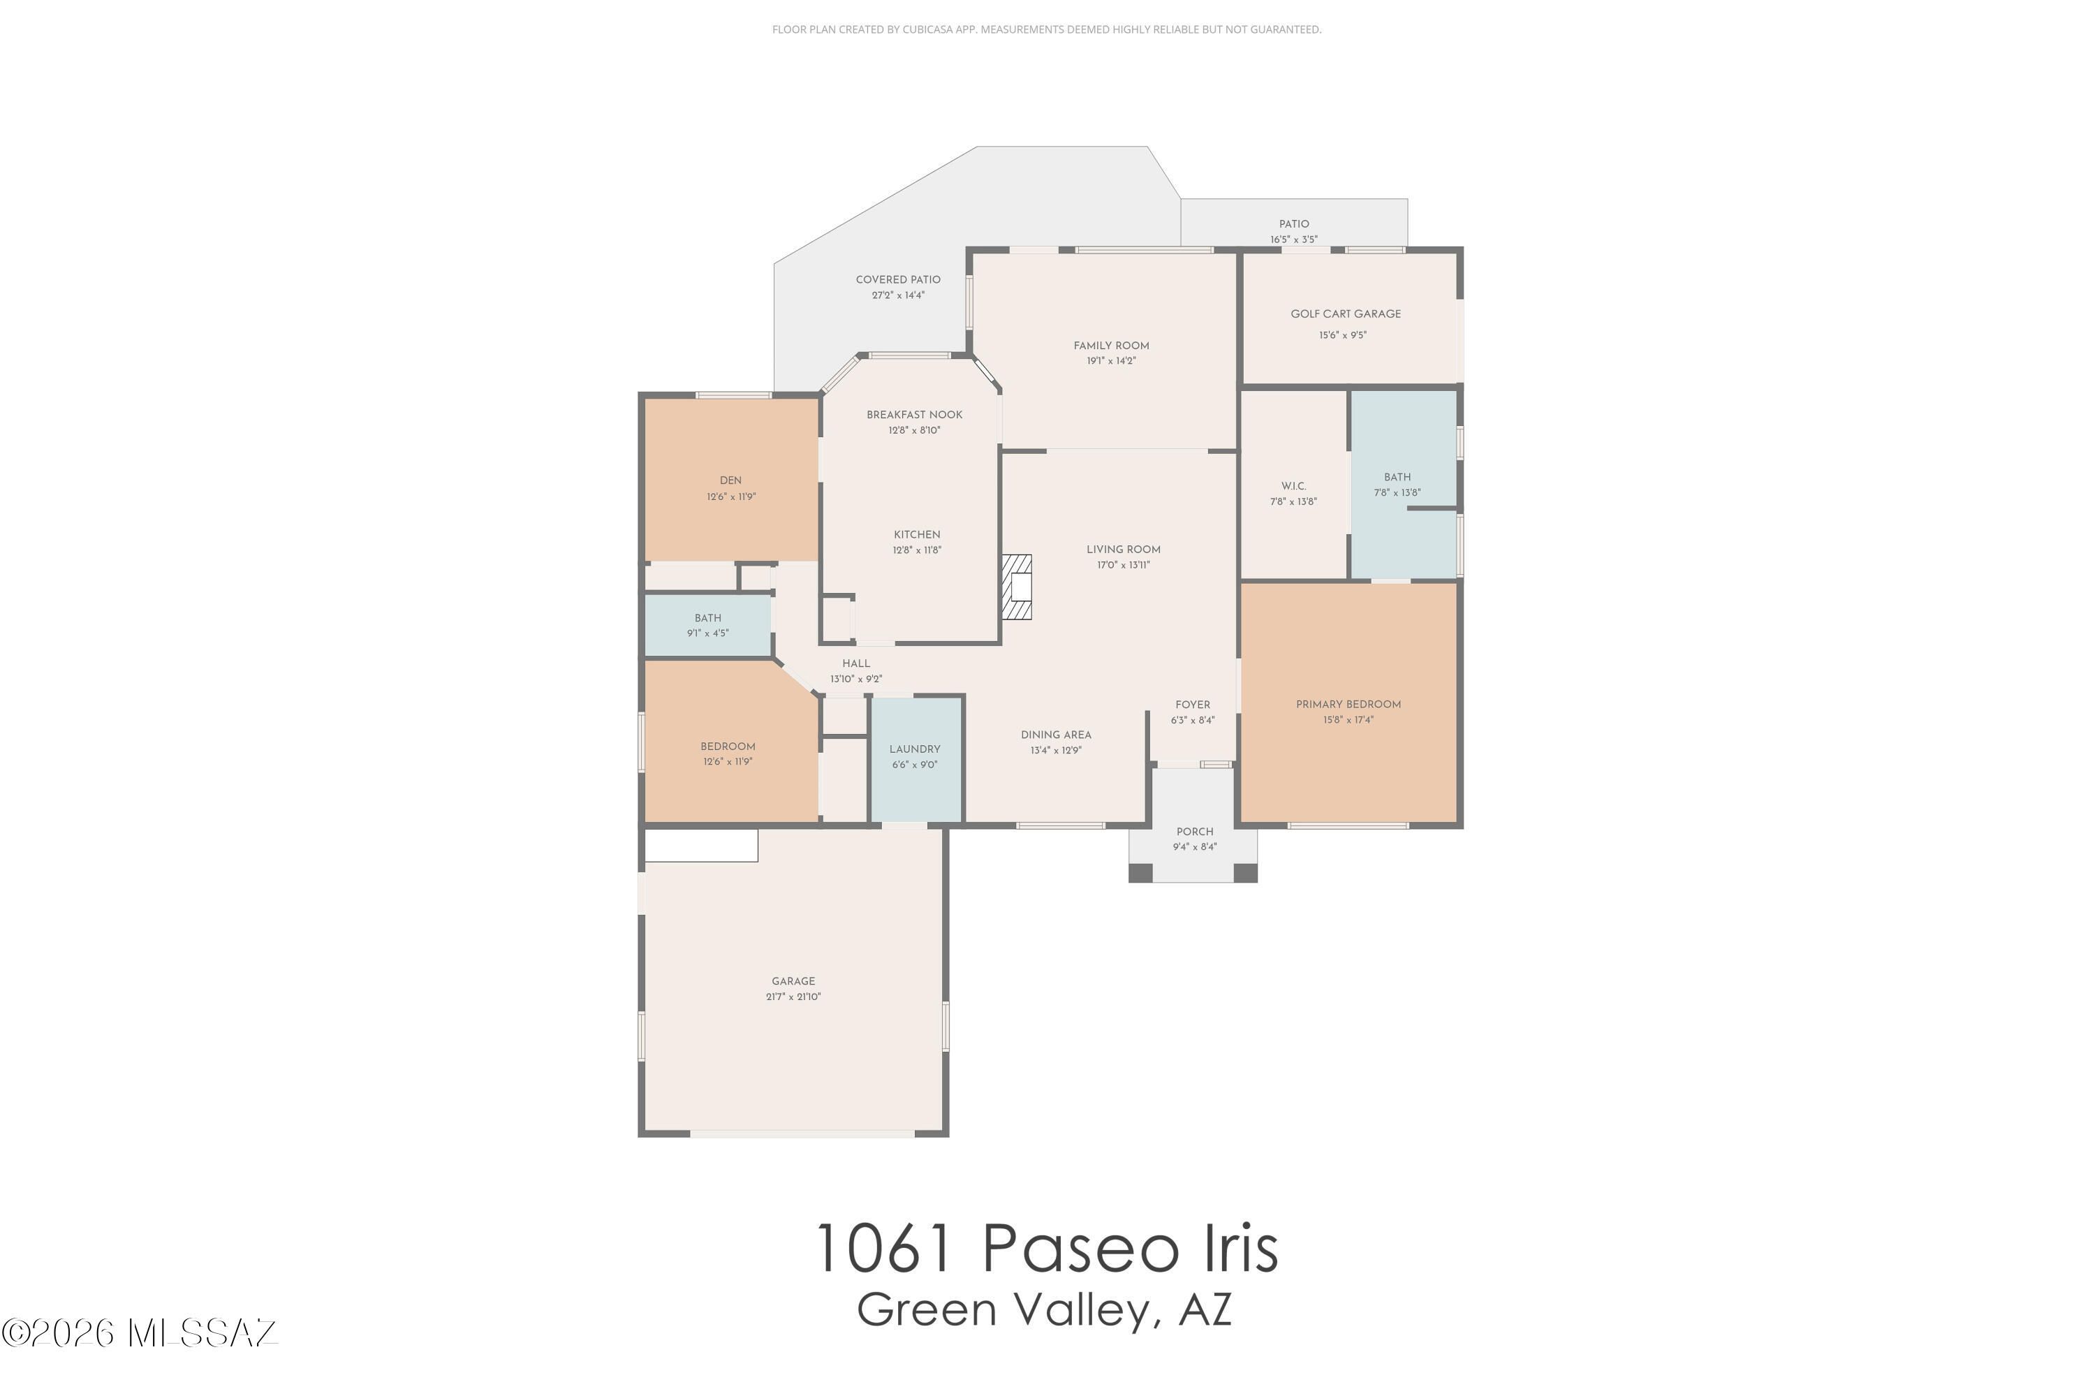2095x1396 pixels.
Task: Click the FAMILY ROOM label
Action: coord(1110,346)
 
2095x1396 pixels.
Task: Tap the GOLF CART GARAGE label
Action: coord(1345,314)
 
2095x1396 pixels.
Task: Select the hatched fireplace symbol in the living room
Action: coord(1017,587)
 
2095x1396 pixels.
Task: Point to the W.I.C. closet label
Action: coord(1293,486)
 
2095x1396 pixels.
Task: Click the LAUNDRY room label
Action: coord(914,749)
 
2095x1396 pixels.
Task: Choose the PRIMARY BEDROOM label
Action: coord(1348,704)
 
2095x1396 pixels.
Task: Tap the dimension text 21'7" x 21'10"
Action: coord(793,997)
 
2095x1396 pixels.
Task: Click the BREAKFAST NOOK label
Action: coord(914,414)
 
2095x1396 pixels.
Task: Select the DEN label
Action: coord(730,480)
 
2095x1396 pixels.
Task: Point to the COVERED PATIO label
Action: coord(897,279)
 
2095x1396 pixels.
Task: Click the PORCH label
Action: coord(1194,832)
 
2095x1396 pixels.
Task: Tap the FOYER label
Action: coord(1192,704)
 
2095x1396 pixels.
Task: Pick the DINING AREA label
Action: coord(1055,735)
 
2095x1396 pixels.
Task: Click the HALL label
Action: coord(855,663)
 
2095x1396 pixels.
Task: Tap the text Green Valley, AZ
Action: coord(1045,1309)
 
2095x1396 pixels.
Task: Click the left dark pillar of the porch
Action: coord(1140,872)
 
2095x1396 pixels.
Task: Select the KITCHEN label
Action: coord(916,534)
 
